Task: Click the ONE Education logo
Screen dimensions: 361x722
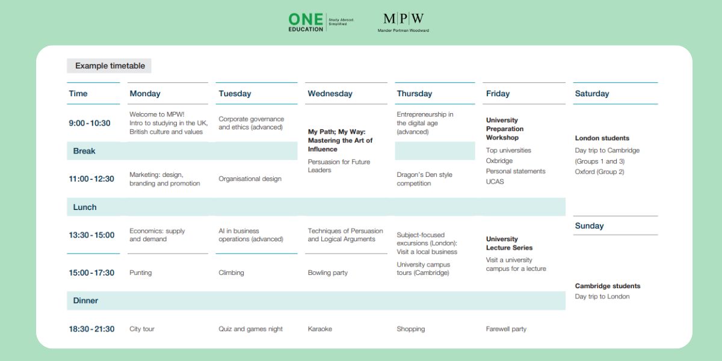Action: point(321,22)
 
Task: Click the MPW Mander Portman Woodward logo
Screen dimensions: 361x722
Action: point(403,22)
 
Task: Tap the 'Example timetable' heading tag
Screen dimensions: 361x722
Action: point(110,66)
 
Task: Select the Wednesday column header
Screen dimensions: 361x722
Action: point(330,94)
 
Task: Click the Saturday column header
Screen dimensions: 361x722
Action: point(591,94)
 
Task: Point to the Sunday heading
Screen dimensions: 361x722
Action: point(589,226)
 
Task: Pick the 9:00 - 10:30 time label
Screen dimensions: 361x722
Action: point(90,123)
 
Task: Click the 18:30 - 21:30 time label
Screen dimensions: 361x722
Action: point(91,329)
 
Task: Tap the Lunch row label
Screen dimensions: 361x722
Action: point(85,208)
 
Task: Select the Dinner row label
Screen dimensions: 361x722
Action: point(85,301)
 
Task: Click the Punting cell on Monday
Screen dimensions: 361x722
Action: point(141,273)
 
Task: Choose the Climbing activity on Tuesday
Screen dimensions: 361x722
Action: point(231,273)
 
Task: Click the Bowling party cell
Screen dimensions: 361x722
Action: point(327,273)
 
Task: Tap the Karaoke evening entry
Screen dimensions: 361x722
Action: point(319,329)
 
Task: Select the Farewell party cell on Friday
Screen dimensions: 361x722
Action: point(506,329)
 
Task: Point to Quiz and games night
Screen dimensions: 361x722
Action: point(250,329)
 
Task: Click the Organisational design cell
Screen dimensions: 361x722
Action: point(250,179)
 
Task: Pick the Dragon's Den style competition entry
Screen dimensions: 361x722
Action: point(424,179)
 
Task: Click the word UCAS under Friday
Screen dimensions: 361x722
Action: point(495,182)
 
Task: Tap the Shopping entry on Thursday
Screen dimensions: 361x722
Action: point(410,329)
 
